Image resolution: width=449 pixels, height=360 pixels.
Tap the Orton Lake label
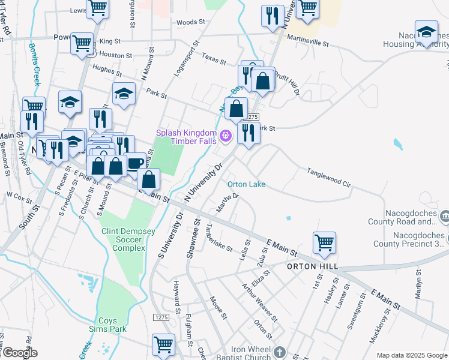[x=246, y=184]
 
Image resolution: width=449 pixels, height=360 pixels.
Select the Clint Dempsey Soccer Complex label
[x=123, y=239]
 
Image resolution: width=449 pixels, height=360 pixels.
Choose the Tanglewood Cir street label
[x=328, y=178]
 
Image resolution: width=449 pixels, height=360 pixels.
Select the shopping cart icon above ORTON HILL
[x=324, y=243]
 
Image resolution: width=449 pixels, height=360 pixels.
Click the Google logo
[x=19, y=353]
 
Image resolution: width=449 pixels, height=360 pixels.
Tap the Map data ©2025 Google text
[x=412, y=355]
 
